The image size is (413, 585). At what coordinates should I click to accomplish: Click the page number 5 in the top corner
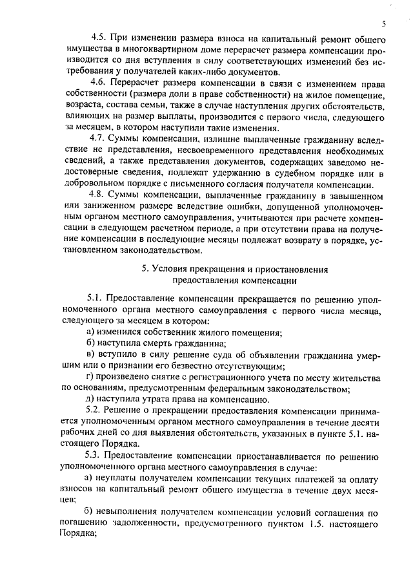(x=383, y=24)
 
